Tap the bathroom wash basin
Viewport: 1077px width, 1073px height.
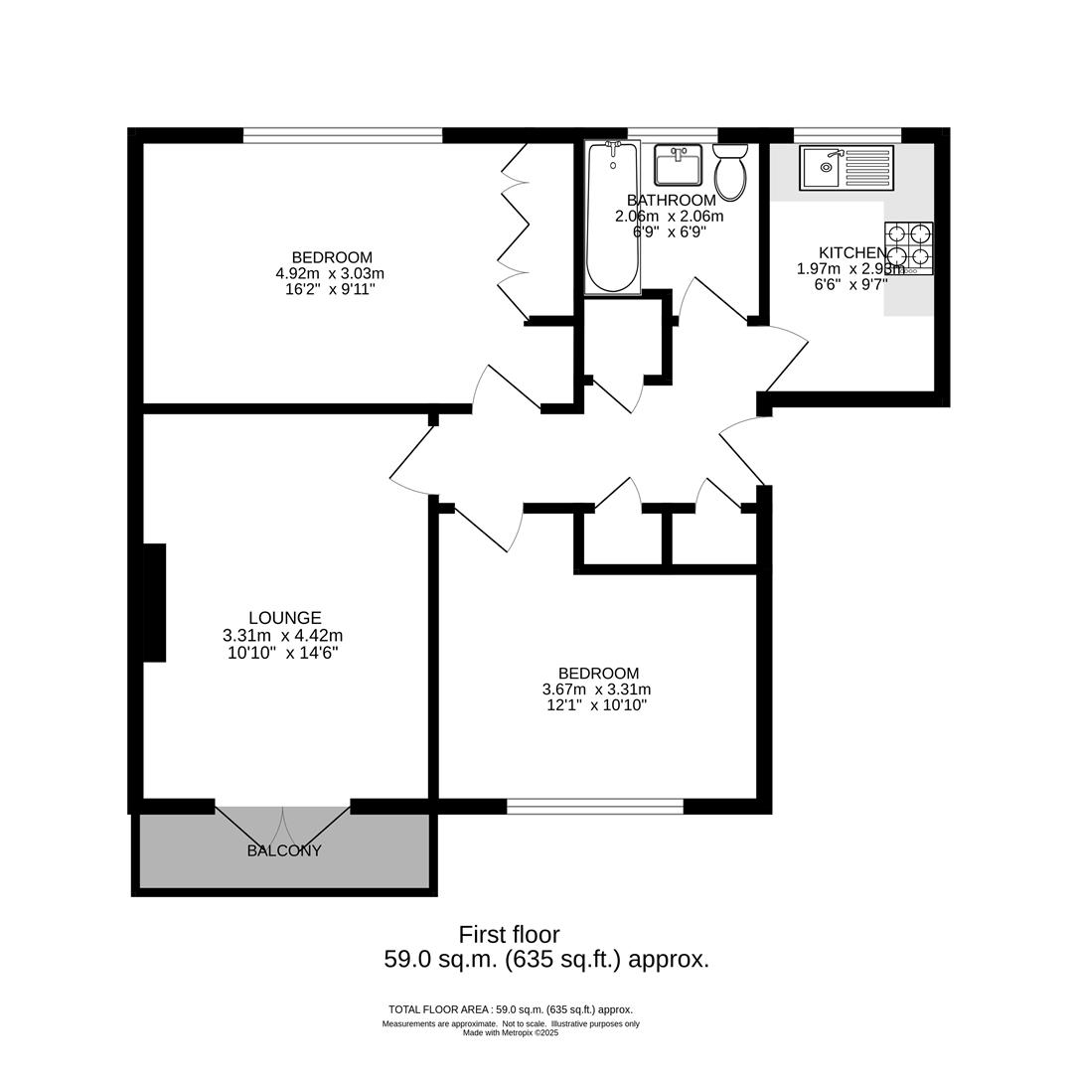coord(679,165)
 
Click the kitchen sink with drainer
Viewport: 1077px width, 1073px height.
coord(846,168)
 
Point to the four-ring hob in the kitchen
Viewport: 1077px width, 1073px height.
coord(909,247)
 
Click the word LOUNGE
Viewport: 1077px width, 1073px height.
coord(284,618)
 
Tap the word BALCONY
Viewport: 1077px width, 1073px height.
coord(284,851)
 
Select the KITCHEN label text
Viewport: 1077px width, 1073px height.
coord(850,253)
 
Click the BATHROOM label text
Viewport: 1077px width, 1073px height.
coord(671,201)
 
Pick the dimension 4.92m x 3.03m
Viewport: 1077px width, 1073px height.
coord(330,274)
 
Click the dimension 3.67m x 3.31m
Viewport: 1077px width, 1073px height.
coord(596,690)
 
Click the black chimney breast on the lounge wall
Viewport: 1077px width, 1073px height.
coord(154,602)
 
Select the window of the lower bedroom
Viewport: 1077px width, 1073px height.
coord(595,807)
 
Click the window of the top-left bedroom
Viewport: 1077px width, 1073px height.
coord(343,136)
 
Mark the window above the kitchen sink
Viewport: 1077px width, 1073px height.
coord(847,136)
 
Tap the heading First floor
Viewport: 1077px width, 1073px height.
coord(509,935)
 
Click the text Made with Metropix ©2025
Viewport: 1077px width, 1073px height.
coord(511,1033)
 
